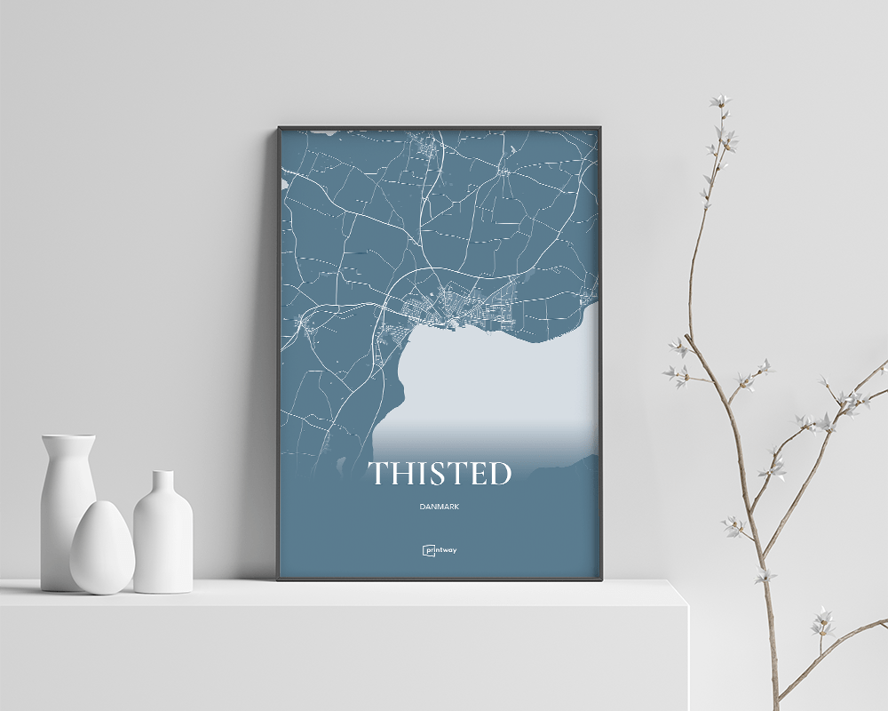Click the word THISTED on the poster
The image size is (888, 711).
pyautogui.click(x=440, y=474)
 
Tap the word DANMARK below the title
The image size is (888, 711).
pyautogui.click(x=440, y=507)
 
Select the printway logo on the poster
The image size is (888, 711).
pyautogui.click(x=440, y=550)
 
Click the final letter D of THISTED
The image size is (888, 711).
pyautogui.click(x=499, y=474)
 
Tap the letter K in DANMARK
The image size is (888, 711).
pyautogui.click(x=456, y=507)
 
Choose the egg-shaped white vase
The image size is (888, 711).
pyautogui.click(x=102, y=547)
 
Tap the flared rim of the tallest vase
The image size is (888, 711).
pyautogui.click(x=68, y=438)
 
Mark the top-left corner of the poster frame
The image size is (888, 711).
pyautogui.click(x=279, y=128)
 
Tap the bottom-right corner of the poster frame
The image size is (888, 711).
pyautogui.click(x=602, y=579)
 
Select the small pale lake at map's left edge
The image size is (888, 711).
pyautogui.click(x=284, y=184)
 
